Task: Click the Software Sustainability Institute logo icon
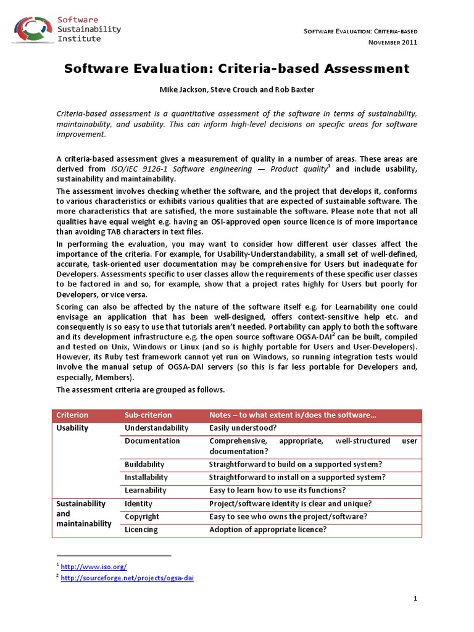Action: pos(32,28)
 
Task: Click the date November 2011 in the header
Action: pos(393,42)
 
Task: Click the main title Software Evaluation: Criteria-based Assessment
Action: pos(237,69)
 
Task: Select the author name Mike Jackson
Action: pos(182,89)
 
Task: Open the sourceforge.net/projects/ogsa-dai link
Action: pos(128,578)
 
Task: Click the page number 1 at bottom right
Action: pos(416,599)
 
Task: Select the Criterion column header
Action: pos(72,415)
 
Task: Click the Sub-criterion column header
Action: pos(148,415)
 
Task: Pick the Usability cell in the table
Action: pos(72,428)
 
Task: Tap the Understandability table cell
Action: pos(156,428)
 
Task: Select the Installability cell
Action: pos(146,477)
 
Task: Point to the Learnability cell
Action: pos(146,490)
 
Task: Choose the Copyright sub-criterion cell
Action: pos(141,517)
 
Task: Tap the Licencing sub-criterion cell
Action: pos(141,530)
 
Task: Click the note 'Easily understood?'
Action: pos(243,428)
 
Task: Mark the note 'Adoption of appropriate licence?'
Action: pos(268,530)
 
